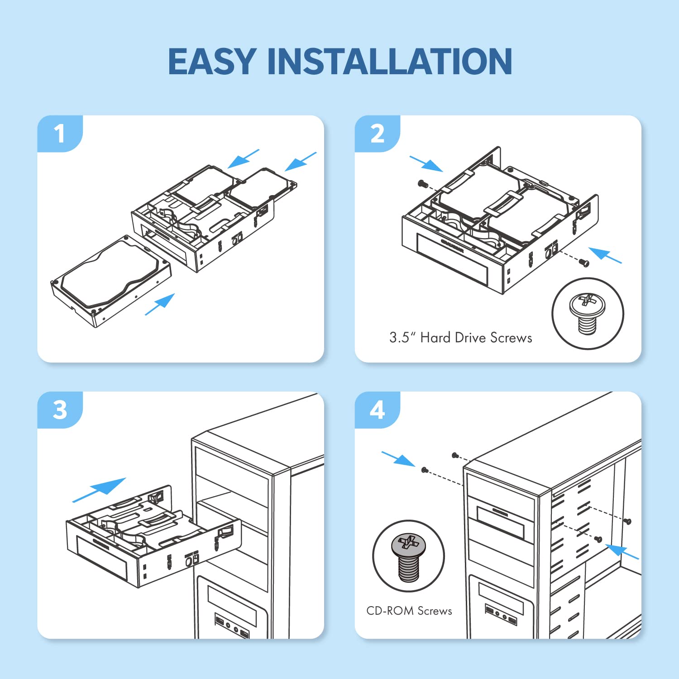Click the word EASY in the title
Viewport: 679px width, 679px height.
coord(212,62)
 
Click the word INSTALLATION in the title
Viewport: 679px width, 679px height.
coord(390,62)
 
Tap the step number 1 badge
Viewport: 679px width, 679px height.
coord(59,134)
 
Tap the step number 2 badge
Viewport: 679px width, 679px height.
coord(377,134)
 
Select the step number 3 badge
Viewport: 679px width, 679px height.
coord(59,410)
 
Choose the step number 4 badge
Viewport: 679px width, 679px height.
coord(377,410)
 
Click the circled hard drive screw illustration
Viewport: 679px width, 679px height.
coord(587,313)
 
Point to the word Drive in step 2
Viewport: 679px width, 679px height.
coord(470,338)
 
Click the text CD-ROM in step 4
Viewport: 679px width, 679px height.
coord(390,611)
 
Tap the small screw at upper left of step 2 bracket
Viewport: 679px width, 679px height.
coord(422,183)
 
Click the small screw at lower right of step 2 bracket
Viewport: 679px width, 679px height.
coord(584,262)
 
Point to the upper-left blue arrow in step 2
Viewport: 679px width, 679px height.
coord(426,164)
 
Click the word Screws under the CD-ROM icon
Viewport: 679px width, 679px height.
coord(435,611)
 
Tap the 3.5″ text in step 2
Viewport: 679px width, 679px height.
coord(400,338)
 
